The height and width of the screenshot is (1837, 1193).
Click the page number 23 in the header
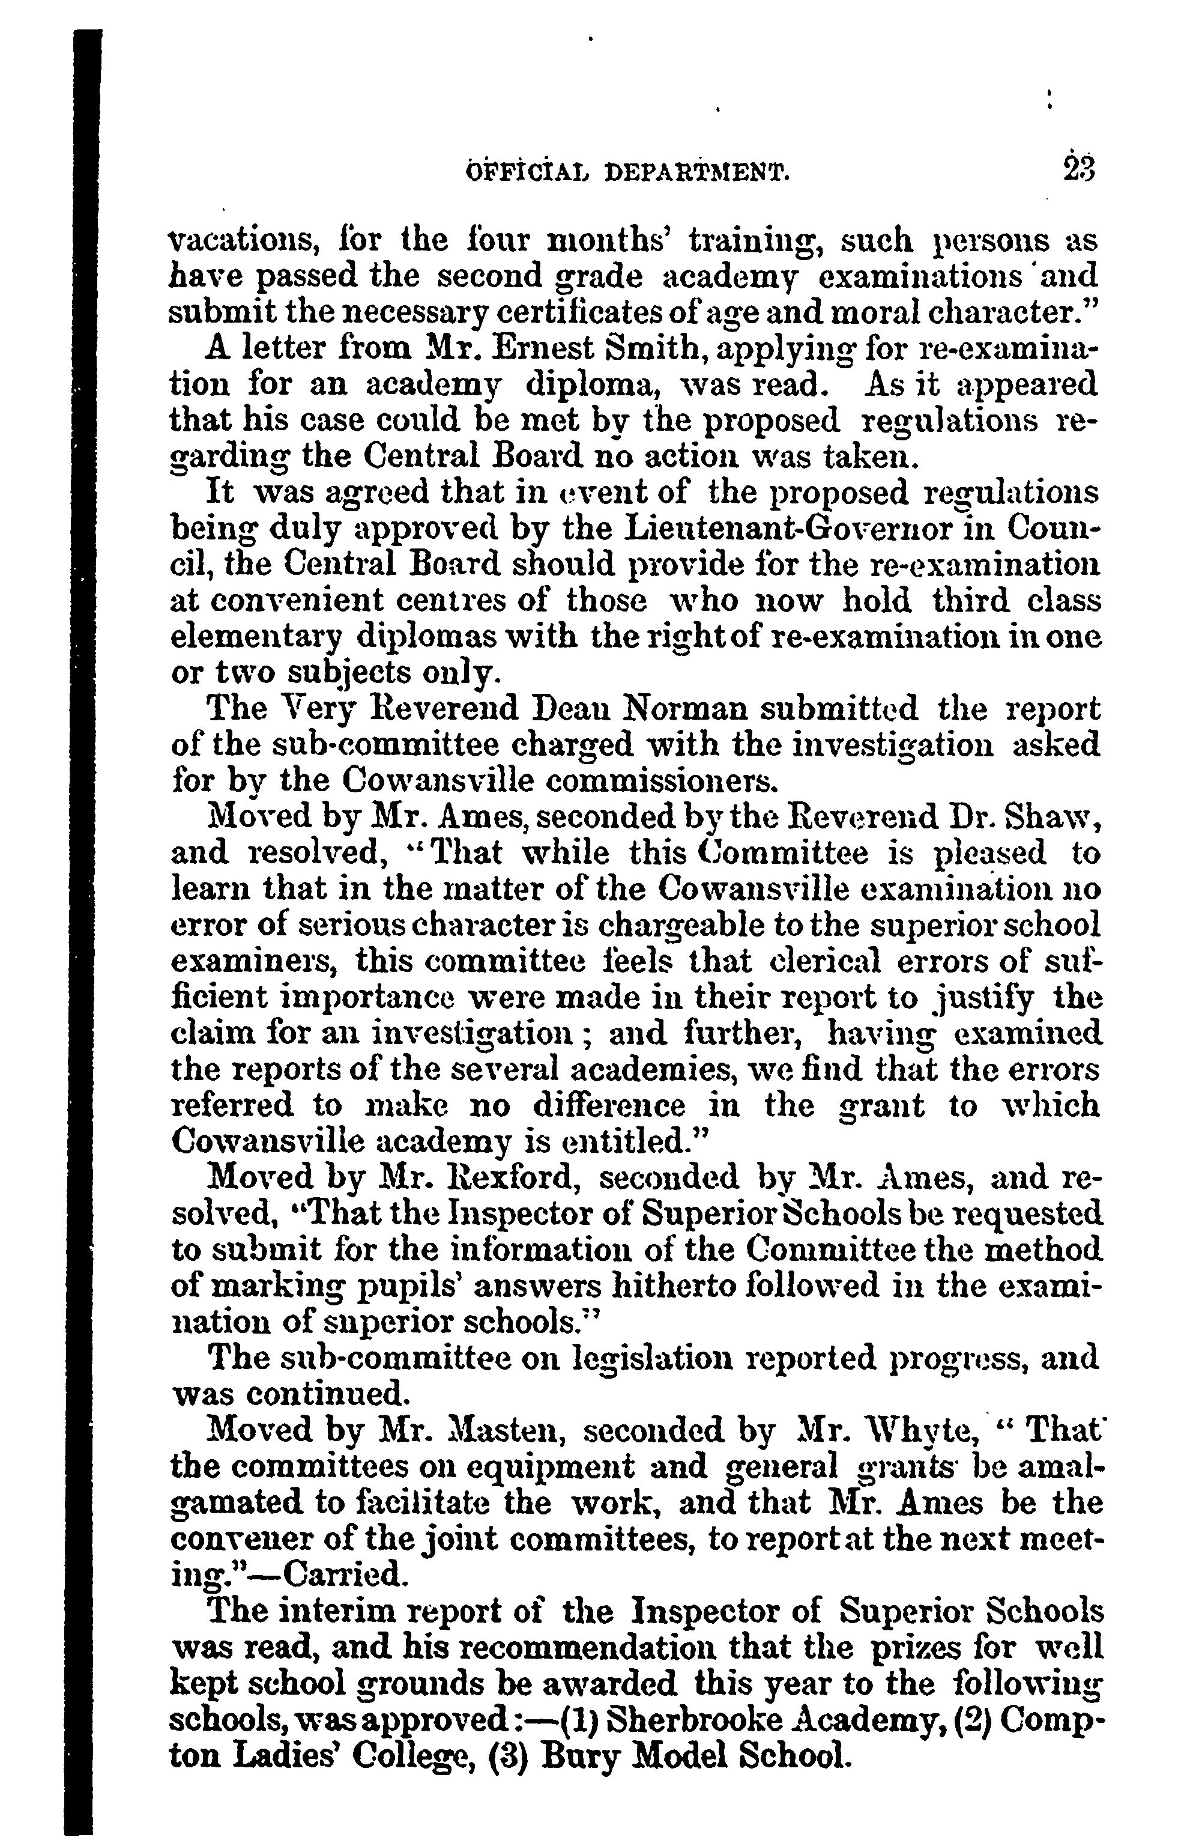coord(1078,169)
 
